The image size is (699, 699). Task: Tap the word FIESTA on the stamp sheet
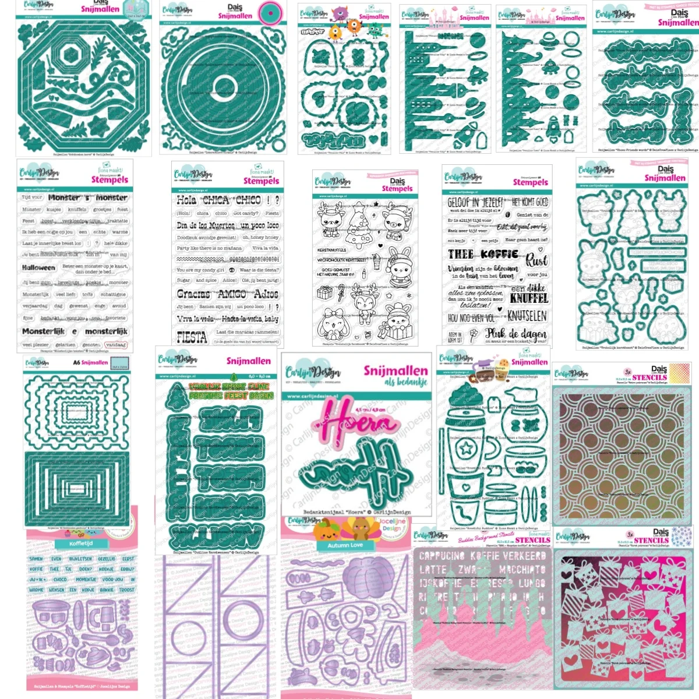192,337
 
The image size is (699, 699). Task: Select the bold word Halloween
38,268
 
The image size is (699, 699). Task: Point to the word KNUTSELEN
527,316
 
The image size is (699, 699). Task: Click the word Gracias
193,294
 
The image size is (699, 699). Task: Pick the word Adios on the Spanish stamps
267,294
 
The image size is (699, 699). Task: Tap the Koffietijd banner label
82,543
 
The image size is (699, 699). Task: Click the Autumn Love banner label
345,545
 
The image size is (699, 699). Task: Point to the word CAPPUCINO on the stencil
443,556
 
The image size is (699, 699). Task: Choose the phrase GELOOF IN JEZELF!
475,202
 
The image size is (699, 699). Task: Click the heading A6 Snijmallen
90,362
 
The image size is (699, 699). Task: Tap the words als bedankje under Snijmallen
405,382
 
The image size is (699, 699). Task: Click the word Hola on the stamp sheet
186,200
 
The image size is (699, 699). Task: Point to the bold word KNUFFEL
529,298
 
